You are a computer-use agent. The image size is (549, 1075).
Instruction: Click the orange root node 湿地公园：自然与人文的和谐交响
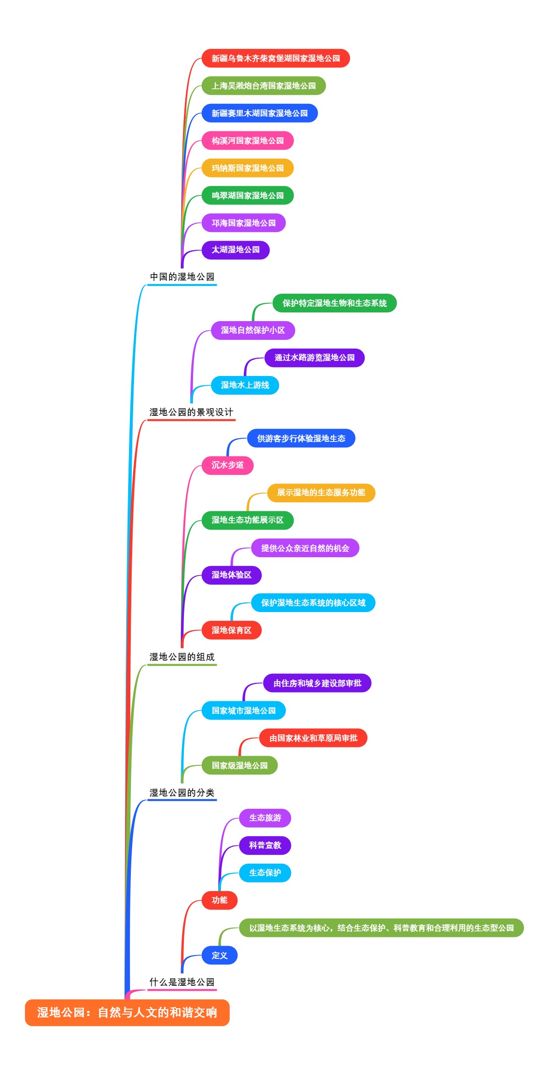pos(127,1012)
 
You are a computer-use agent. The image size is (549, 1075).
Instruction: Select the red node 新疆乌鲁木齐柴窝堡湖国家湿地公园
pos(275,59)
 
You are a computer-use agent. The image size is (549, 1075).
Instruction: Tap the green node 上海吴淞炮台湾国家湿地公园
pos(264,86)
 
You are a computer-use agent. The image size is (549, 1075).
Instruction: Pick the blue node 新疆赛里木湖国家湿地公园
pos(259,113)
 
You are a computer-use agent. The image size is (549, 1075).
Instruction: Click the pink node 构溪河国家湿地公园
pos(248,141)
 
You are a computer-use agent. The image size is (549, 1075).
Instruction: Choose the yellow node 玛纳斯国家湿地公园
pos(248,168)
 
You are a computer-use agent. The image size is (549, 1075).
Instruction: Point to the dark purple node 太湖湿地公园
pos(235,250)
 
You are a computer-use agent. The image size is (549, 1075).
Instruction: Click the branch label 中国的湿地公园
pos(182,277)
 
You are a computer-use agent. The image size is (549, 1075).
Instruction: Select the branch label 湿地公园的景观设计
pos(191,412)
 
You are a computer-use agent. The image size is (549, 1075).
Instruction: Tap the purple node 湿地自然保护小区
pos(253,330)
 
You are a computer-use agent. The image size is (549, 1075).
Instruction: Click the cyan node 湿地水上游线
pos(245,385)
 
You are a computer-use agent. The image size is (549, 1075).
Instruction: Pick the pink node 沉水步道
pos(227,465)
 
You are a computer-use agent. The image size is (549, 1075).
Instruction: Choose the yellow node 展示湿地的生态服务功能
pos(321,493)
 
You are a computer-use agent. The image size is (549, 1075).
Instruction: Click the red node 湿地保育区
pos(231,630)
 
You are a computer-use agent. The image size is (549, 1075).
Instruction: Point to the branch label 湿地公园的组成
pos(182,657)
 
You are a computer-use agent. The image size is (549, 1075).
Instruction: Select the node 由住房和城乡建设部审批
pos(317,683)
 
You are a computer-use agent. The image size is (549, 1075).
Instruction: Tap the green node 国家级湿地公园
pos(239,765)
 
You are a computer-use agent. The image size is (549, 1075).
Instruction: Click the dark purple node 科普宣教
pos(265,845)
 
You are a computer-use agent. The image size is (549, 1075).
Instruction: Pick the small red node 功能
pos(219,900)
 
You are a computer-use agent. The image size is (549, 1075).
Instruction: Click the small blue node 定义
pos(219,955)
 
